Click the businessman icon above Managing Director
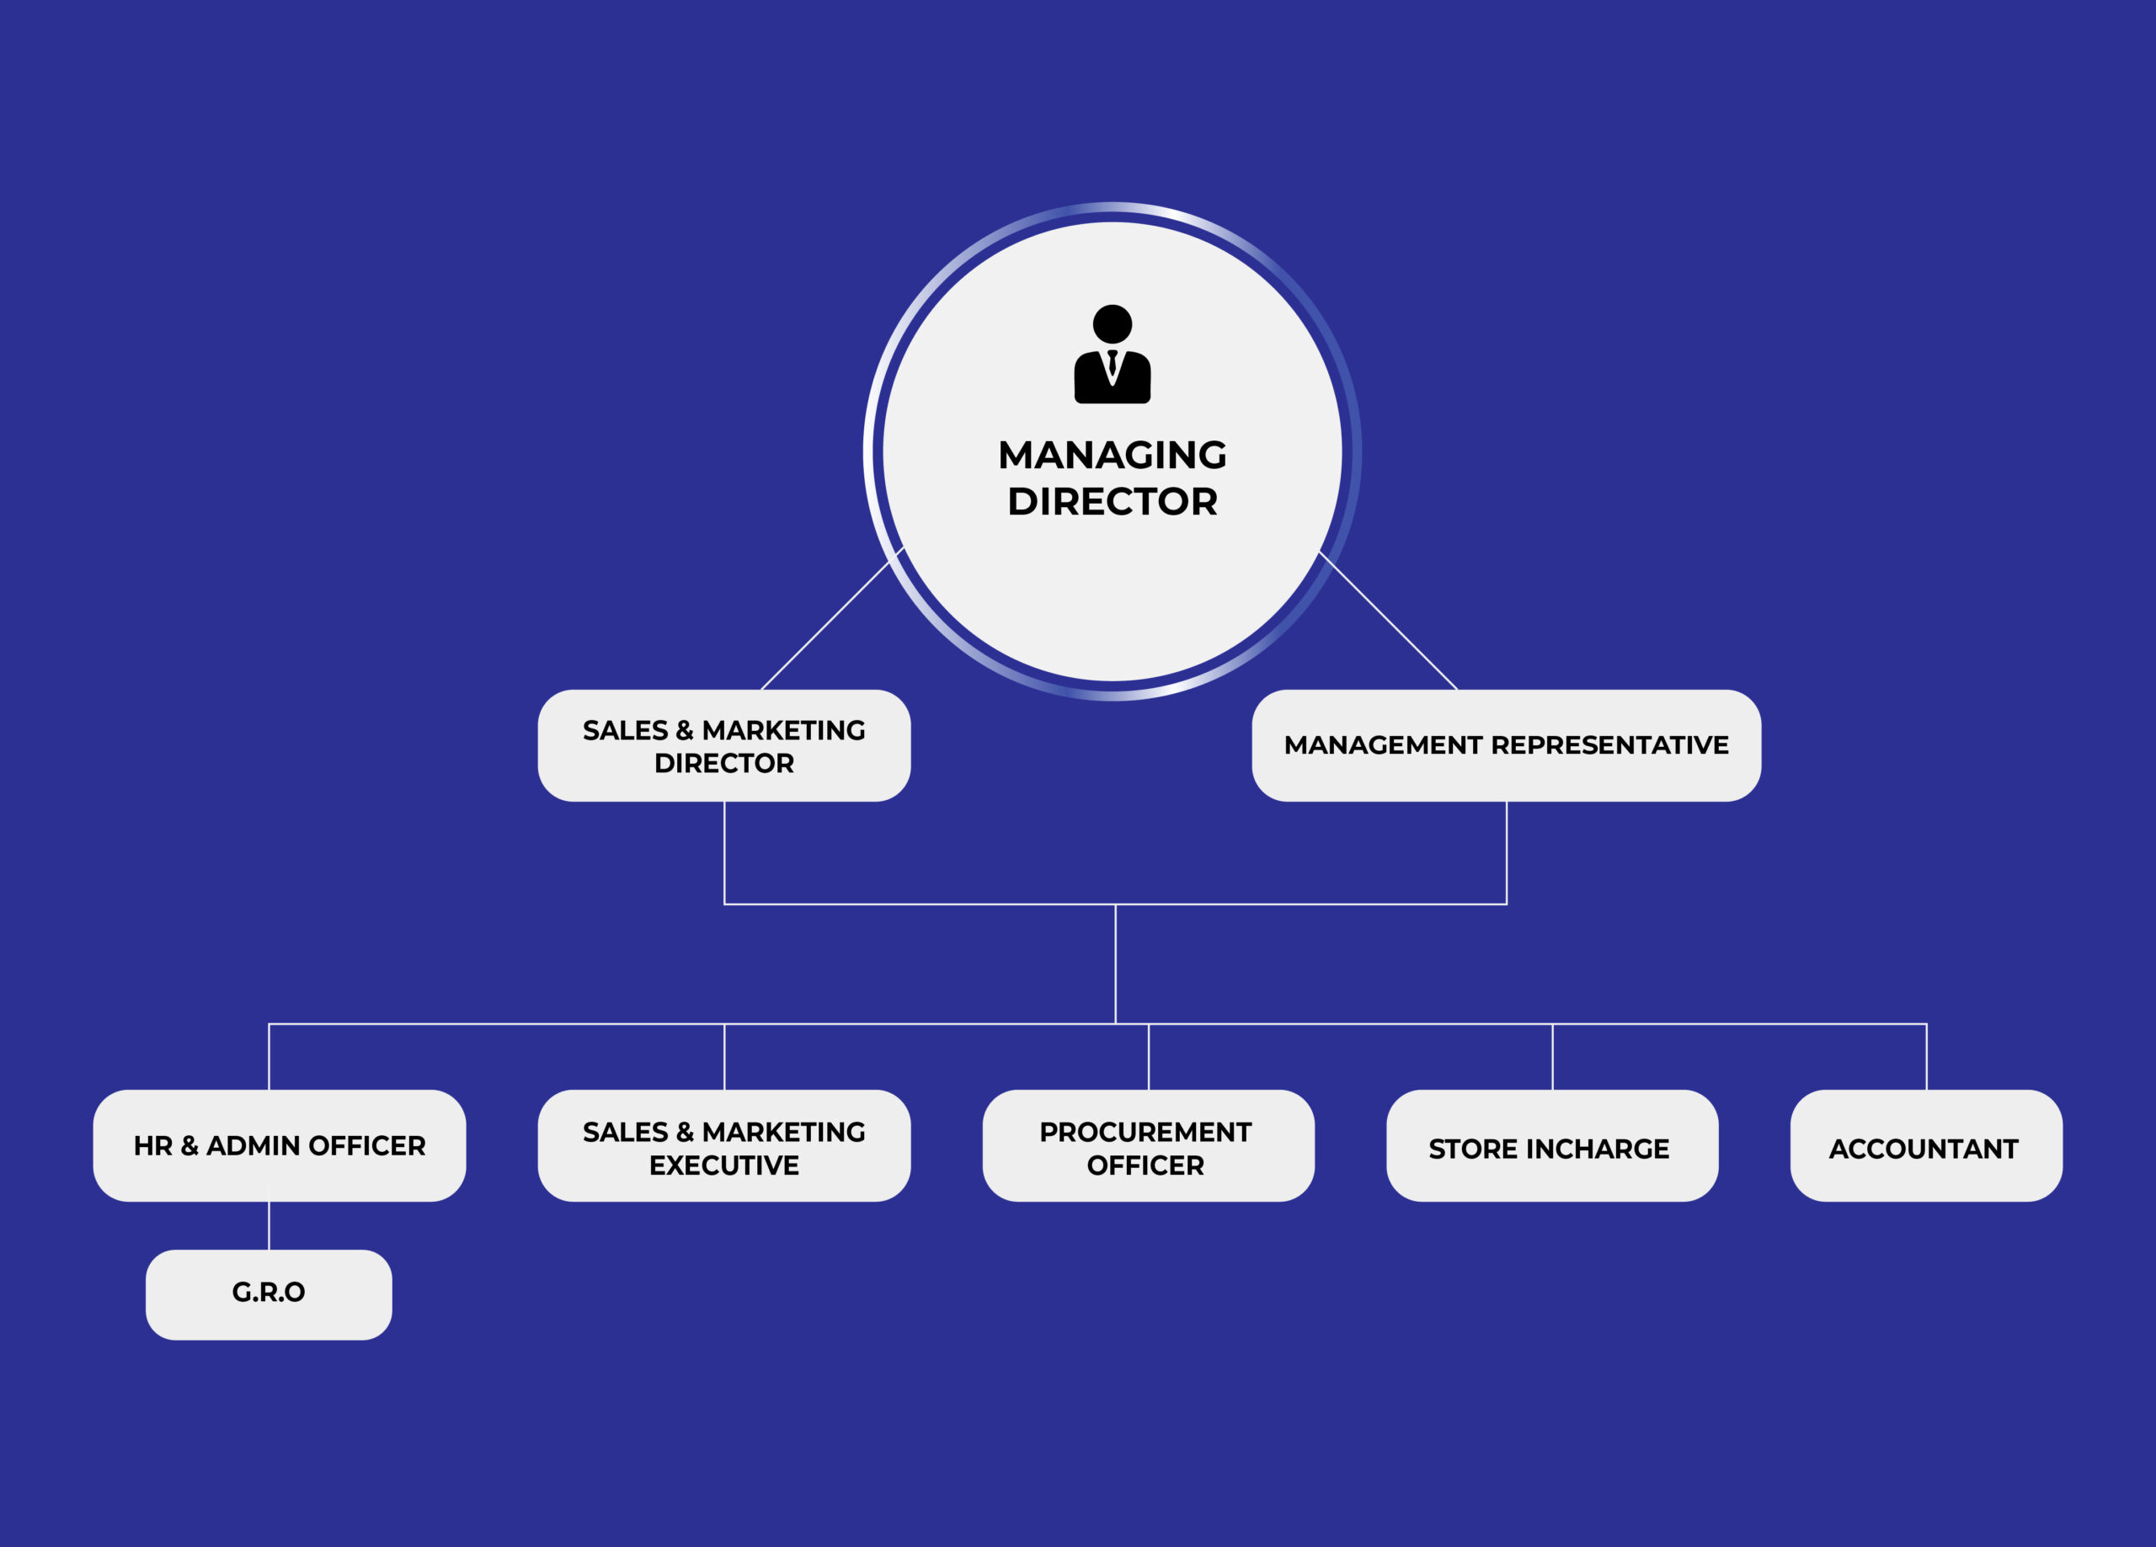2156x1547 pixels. point(1113,354)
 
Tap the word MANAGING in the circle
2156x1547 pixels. point(1113,456)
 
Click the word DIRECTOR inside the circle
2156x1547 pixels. point(1113,502)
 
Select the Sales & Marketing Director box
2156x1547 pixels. point(723,745)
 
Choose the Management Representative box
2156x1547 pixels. point(1506,745)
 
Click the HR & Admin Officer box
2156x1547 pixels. point(280,1146)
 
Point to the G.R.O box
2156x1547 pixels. point(269,1294)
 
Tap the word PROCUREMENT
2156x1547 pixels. point(1145,1133)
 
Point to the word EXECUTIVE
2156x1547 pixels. point(723,1166)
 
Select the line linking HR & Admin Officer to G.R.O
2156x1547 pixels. point(269,1225)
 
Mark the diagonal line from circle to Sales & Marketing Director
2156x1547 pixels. point(825,625)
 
